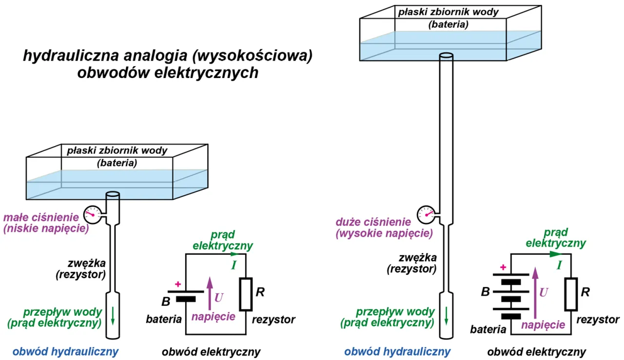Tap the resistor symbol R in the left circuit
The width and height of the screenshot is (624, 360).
[246, 294]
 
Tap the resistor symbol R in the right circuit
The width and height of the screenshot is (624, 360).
[571, 294]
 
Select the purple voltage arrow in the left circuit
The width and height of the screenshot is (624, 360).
[210, 292]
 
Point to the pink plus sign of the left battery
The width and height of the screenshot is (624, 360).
[177, 284]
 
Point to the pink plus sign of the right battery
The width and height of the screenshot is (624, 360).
[503, 266]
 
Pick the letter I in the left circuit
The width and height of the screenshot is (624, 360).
[234, 265]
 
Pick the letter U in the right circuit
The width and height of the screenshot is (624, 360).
[544, 292]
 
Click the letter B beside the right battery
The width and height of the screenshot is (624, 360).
[485, 292]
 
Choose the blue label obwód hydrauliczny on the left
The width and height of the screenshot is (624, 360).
[65, 351]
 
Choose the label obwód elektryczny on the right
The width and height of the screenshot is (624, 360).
[537, 351]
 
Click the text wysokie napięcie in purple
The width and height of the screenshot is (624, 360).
[385, 233]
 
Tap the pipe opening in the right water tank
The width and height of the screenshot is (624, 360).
[446, 57]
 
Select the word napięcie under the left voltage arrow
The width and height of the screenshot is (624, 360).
[213, 317]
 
